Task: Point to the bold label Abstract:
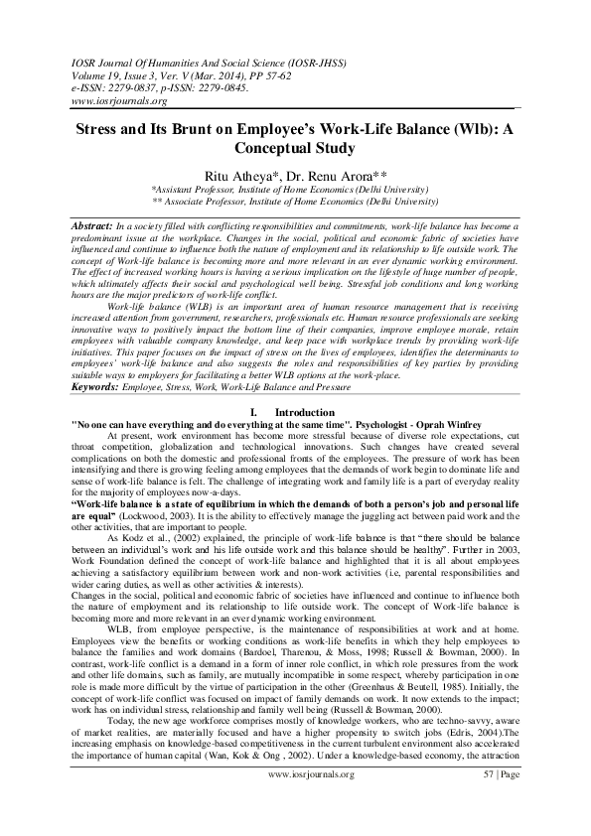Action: point(91,227)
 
